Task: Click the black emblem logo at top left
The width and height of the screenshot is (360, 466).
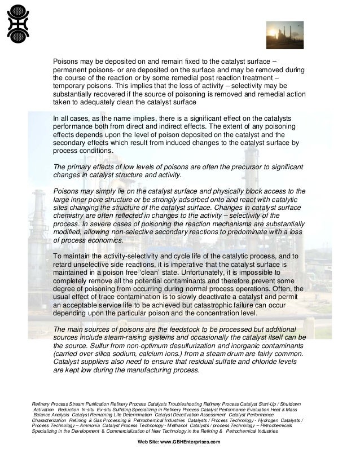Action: pyautogui.click(x=17, y=22)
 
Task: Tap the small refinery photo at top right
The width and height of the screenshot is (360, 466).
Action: pyautogui.click(x=285, y=35)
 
